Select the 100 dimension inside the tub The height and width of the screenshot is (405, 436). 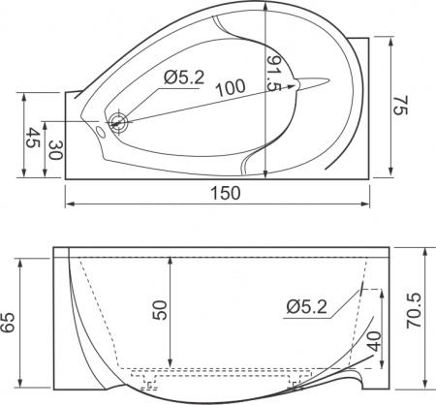click(230, 88)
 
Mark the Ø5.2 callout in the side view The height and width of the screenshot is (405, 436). click(306, 307)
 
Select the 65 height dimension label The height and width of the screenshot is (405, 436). click(11, 322)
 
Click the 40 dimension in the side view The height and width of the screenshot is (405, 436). click(373, 342)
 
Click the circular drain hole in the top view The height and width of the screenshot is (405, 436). click(120, 122)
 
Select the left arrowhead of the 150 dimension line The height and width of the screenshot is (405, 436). click(69, 204)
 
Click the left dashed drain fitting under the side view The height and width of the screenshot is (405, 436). click(148, 385)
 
